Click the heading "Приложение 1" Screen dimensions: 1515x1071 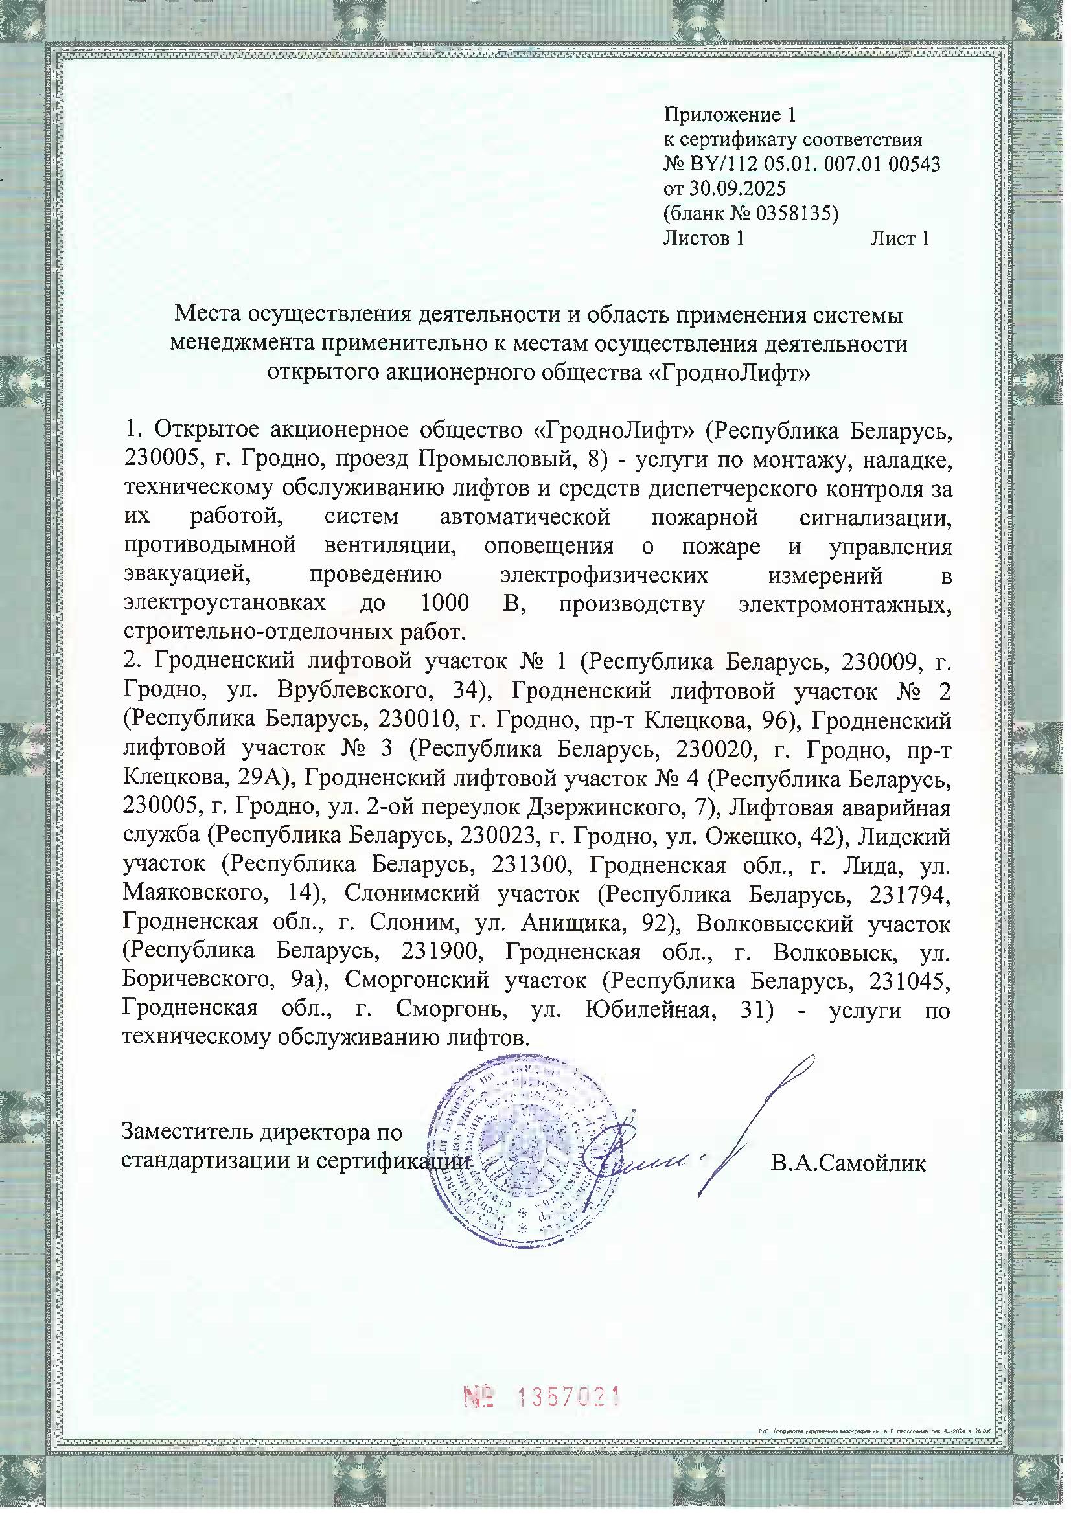point(730,115)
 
